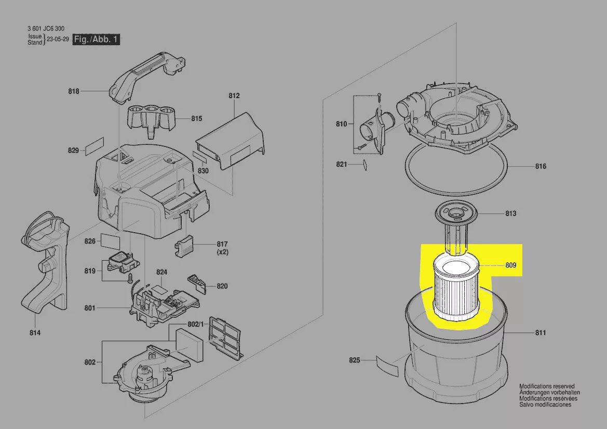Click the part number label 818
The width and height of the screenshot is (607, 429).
74,91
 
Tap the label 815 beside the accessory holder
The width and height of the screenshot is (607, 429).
197,118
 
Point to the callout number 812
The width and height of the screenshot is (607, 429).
234,96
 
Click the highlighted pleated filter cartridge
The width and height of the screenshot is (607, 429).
456,288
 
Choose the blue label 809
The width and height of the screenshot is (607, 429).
511,265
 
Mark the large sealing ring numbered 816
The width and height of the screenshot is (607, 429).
456,168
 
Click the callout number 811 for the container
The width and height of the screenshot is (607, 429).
541,332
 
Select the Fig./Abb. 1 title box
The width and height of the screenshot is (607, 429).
96,39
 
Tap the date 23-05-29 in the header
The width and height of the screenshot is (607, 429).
58,39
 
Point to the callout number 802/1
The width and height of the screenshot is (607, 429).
195,324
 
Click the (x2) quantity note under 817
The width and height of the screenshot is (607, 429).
222,252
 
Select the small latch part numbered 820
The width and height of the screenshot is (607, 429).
197,281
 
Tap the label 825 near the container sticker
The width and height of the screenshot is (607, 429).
355,360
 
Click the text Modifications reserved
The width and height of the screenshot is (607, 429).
547,386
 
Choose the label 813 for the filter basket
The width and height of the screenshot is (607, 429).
511,214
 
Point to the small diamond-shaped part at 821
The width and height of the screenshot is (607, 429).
365,165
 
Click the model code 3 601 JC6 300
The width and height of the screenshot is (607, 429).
46,29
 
